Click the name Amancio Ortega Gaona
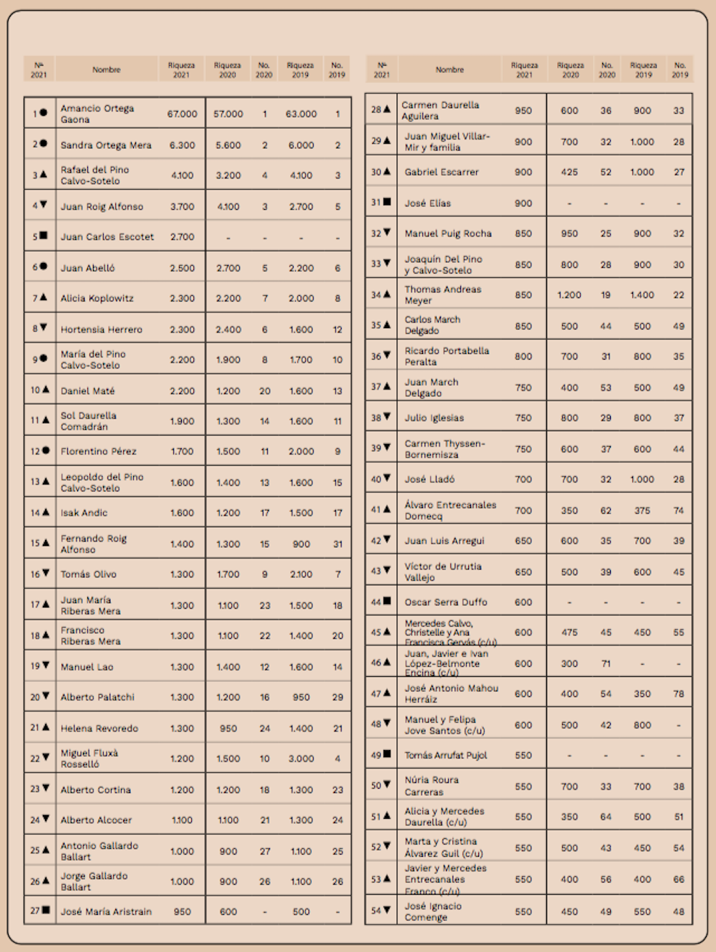tap(97, 114)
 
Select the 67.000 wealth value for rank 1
tap(182, 114)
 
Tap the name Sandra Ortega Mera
tap(106, 145)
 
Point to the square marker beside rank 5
tap(44, 236)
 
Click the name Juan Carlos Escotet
tap(107, 236)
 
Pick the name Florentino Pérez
tap(98, 451)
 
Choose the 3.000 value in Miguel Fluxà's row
tap(301, 759)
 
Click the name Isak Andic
tap(84, 513)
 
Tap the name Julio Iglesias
tap(434, 418)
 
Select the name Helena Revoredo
tap(99, 729)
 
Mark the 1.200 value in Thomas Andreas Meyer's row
tap(569, 294)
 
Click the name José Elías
tap(427, 203)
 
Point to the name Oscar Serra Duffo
tap(445, 602)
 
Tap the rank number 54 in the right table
tap(375, 911)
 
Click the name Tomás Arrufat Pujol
tap(445, 755)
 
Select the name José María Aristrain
tap(106, 912)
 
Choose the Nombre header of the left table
tap(106, 69)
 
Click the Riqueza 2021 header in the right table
tap(524, 69)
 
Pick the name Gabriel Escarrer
tap(441, 172)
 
